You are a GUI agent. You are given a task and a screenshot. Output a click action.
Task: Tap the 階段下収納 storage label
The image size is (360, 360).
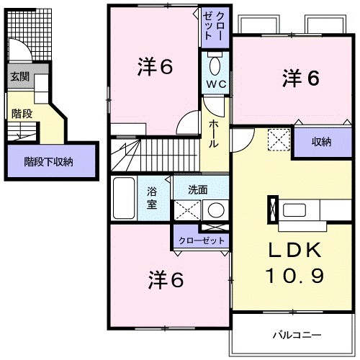pos(49,162)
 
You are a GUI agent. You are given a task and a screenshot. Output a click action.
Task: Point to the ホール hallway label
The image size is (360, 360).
pos(214,134)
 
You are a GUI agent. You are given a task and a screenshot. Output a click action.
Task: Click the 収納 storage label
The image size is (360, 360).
pos(320,141)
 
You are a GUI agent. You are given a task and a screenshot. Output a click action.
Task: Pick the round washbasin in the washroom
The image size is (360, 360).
pos(215,211)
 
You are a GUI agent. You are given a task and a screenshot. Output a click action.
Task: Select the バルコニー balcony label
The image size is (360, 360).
pos(296,334)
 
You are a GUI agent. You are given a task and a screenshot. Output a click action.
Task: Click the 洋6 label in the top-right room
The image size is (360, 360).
pos(300,78)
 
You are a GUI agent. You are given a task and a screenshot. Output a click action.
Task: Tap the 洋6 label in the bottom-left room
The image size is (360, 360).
pos(166,279)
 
